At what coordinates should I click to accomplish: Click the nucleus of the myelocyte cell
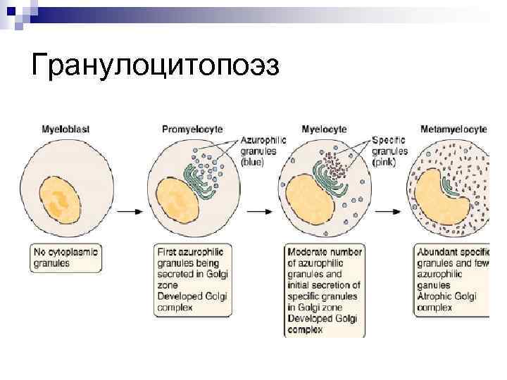(x=308, y=200)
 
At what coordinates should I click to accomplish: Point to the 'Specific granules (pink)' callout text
(x=389, y=151)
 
